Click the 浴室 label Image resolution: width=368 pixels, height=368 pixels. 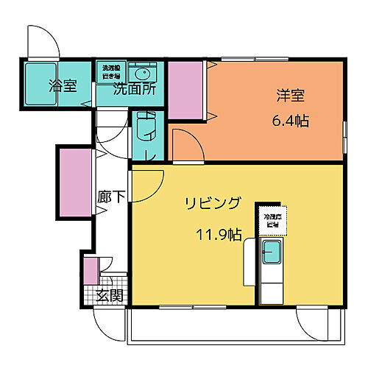[63, 86]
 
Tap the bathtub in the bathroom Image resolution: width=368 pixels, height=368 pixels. [37, 83]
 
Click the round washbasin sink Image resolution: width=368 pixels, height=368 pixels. [142, 74]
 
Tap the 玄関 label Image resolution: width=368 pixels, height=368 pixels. [110, 296]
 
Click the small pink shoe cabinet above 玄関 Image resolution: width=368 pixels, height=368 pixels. [90, 271]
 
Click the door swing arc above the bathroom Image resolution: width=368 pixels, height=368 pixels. [43, 42]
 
